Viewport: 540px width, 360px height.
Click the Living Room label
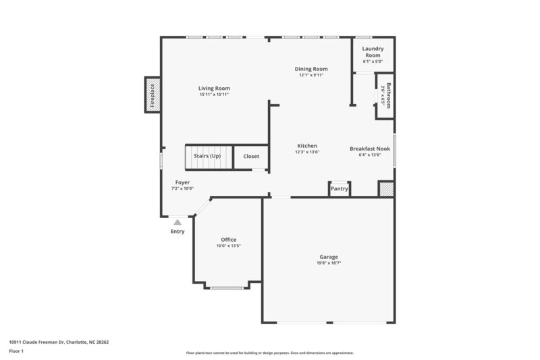(214, 88)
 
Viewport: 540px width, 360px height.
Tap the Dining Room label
(311, 69)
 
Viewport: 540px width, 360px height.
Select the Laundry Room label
(373, 51)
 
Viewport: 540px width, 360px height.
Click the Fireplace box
(153, 95)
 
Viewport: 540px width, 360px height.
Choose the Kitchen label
(307, 146)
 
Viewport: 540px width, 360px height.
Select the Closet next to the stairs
(251, 156)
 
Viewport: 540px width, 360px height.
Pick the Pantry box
(339, 188)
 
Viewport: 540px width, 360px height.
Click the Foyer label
(182, 182)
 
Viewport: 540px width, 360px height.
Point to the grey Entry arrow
(177, 221)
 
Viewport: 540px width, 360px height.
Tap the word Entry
(177, 232)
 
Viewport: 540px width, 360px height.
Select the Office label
(228, 240)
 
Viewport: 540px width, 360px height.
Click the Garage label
(329, 257)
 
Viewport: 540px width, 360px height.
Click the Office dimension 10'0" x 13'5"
(228, 246)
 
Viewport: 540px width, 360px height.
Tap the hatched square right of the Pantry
(385, 189)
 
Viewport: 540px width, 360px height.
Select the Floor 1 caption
(17, 352)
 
